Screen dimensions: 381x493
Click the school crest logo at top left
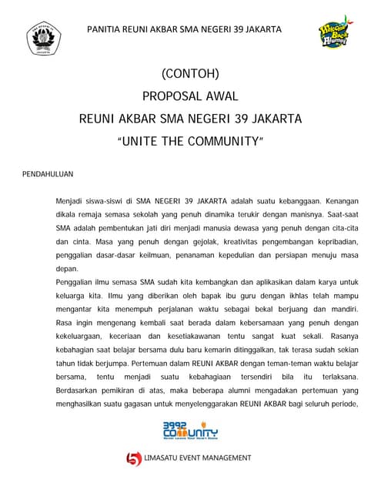tap(43, 39)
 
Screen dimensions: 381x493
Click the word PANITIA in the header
tap(105, 29)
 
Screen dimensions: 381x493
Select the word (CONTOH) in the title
tap(190, 75)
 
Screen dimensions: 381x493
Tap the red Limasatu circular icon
tap(135, 458)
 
